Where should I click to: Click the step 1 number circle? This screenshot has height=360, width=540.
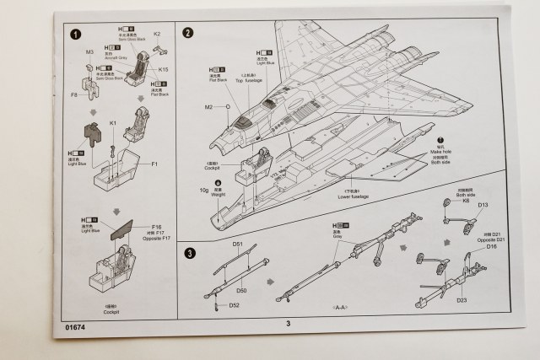pos(77,35)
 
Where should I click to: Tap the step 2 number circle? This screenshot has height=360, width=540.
pos(188,33)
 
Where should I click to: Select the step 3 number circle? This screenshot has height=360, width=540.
pos(190,252)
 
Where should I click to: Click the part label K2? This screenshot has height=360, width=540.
pos(157,35)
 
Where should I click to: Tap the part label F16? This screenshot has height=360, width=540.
pos(158,227)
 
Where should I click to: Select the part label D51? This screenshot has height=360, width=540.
pos(238,245)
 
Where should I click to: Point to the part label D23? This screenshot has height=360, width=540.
pos(462,299)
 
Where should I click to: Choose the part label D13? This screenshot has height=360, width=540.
pos(483,205)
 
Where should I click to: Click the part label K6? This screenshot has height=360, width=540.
pos(465,201)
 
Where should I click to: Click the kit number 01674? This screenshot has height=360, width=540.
pos(75,323)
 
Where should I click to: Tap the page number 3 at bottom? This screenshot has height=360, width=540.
pos(288,322)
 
